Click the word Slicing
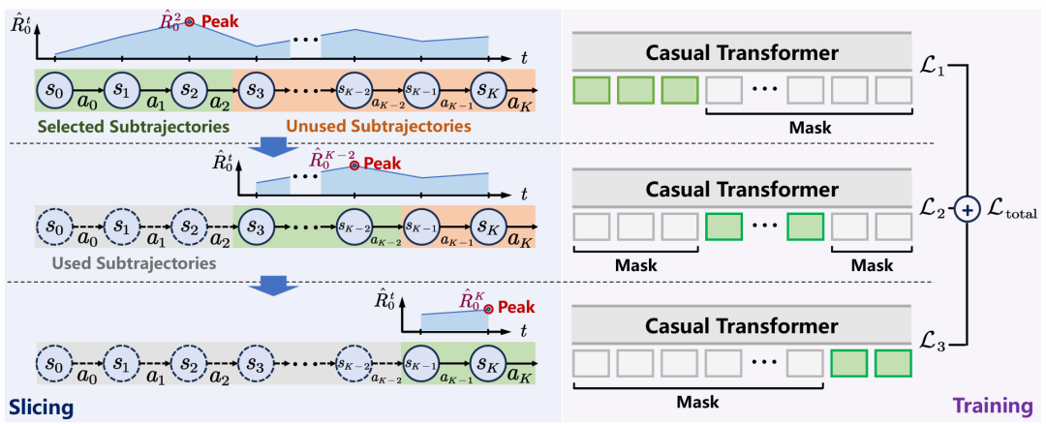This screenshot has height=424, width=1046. pos(41,408)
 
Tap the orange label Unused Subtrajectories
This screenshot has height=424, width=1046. pos(377,126)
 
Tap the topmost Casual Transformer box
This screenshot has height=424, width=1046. pos(741,52)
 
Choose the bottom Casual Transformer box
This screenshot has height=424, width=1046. pos(741,324)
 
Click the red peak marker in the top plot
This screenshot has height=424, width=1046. pos(192,20)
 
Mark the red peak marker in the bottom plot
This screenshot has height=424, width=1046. pos(489,309)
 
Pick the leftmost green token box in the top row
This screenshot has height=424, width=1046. pos(592,91)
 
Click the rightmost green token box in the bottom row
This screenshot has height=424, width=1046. pos(894,363)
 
